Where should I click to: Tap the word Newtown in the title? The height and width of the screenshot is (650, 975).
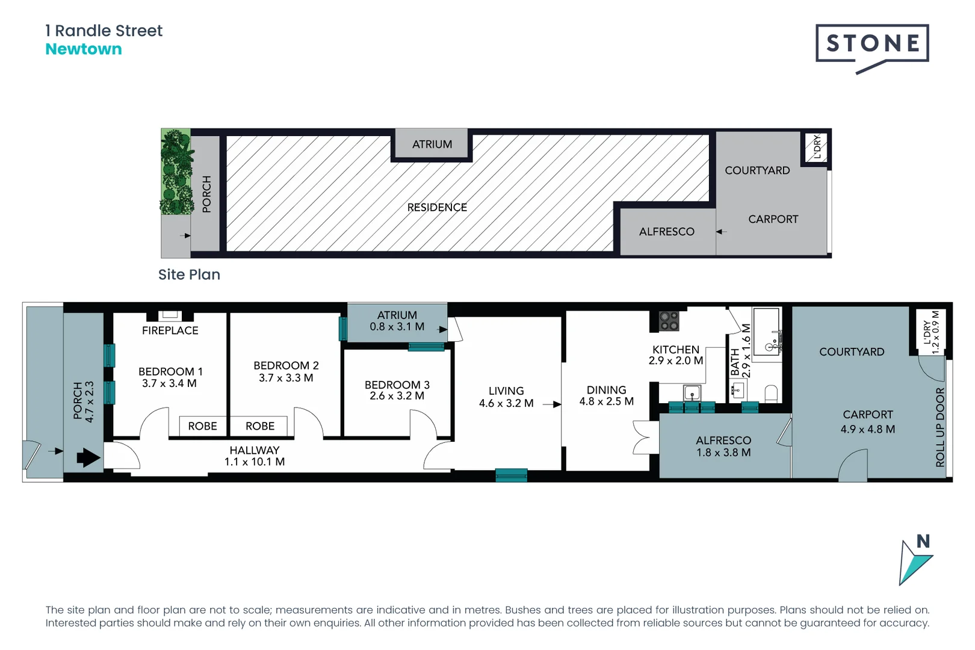coord(84,49)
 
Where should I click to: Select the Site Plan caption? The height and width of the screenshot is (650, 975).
coord(189,274)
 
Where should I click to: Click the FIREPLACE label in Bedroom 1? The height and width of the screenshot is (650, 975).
coord(170,330)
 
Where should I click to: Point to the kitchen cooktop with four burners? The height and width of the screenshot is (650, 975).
coord(669,321)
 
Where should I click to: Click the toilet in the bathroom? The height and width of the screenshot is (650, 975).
coord(771,394)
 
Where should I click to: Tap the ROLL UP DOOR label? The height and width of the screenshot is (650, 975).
coord(940,427)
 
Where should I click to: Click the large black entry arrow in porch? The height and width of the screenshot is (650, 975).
coord(88,458)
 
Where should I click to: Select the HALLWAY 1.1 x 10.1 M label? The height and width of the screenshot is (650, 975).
coord(255,456)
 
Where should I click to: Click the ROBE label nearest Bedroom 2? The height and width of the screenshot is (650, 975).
coord(260,426)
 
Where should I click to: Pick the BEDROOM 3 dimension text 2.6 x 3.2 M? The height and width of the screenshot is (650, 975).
coord(397,396)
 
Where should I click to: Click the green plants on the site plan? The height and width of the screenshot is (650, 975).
coord(176,172)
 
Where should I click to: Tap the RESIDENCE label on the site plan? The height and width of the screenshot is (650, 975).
coord(437,207)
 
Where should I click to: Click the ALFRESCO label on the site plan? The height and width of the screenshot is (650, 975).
coord(666,232)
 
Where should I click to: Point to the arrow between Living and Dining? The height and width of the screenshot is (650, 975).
coord(551,404)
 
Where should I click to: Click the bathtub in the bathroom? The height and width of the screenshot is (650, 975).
coord(767,332)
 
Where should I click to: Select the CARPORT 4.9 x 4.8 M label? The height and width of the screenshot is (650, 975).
coord(867,422)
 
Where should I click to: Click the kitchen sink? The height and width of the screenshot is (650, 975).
coord(692,393)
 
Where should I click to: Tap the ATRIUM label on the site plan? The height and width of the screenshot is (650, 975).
coord(432,144)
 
